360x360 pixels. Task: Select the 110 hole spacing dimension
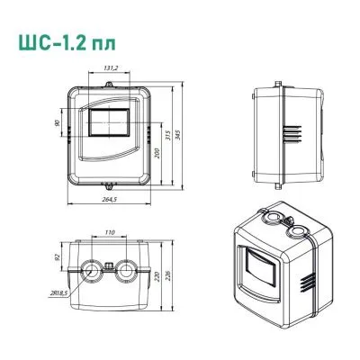[x=108, y=233]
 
